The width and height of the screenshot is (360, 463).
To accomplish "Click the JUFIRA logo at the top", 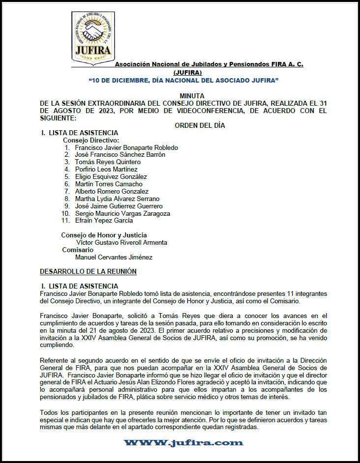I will coord(93,39).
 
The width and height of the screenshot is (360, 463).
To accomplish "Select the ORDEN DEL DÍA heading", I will coord(200,125).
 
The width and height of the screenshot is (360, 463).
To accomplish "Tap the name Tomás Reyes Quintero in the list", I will coord(108,162).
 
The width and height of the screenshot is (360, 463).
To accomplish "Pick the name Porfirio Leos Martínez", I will coord(106,169).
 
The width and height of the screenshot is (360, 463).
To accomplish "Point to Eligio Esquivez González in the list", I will coord(111,176).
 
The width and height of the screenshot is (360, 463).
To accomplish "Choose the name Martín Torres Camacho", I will coord(109,184).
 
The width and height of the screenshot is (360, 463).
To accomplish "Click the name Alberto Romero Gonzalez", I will coord(112,191).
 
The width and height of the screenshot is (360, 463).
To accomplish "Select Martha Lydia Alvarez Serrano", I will coord(117,199).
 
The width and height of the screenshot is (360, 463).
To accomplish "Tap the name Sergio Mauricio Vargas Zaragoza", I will coord(122,213).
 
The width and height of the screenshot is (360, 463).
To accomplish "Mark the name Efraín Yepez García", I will coord(104,221).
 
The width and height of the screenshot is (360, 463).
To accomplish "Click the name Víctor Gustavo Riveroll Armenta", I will coord(121,242).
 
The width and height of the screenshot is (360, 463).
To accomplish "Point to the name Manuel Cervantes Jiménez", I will coord(114,257).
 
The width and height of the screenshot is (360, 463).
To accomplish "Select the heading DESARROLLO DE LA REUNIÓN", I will coord(88,271).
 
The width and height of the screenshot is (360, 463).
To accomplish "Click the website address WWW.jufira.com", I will coord(183,443).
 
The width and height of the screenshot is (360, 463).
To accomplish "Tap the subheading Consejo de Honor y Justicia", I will coord(104,235).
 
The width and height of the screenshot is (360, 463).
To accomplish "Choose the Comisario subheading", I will coord(78,250).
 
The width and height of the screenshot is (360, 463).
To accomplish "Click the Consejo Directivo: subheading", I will coord(91,140).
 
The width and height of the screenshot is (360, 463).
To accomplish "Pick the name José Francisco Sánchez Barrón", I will coord(120,154).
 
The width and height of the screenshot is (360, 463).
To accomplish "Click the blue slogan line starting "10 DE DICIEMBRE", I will coord(183,80).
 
